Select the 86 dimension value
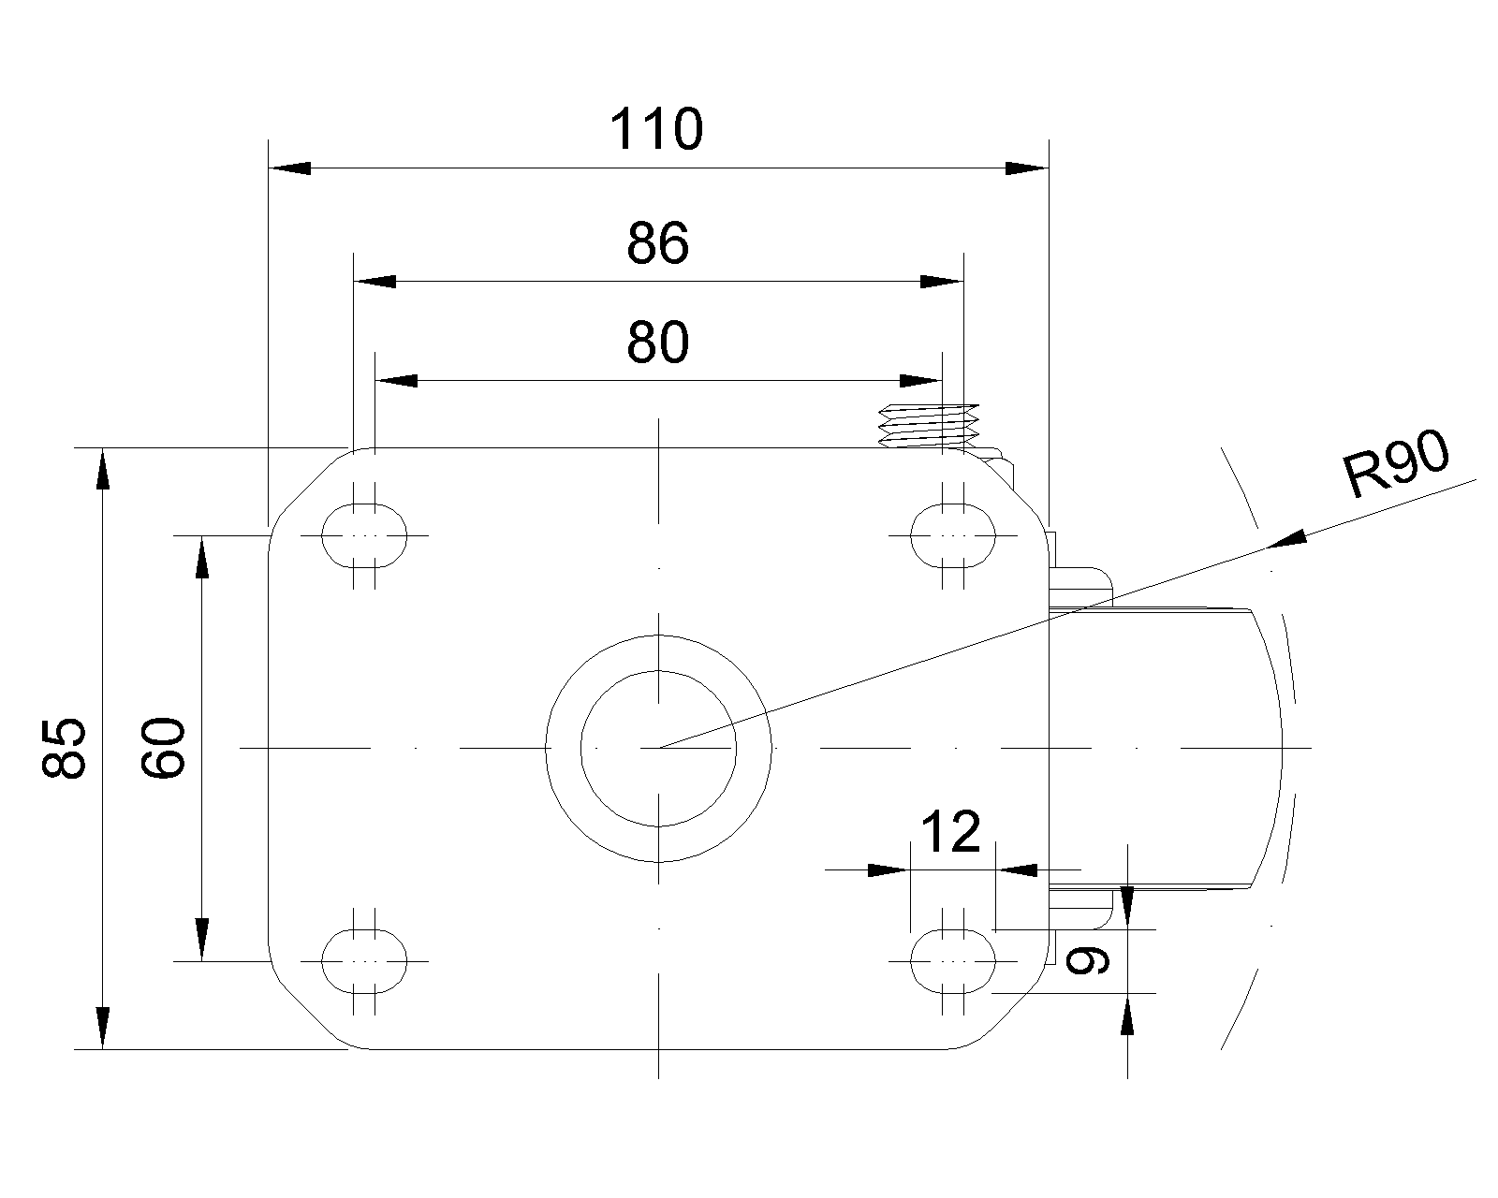click(x=657, y=243)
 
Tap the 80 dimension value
click(x=657, y=343)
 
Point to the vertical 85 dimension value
click(x=66, y=748)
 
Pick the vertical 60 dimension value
click(x=164, y=748)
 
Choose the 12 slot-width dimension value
click(x=951, y=832)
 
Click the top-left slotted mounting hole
click(x=365, y=535)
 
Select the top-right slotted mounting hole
click(x=953, y=535)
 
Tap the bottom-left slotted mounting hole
click(x=365, y=960)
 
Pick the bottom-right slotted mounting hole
click(x=953, y=960)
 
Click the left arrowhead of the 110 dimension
click(x=290, y=168)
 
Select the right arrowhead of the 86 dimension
click(x=941, y=281)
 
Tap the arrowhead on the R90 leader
click(x=1287, y=541)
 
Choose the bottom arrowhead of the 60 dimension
click(x=201, y=941)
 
